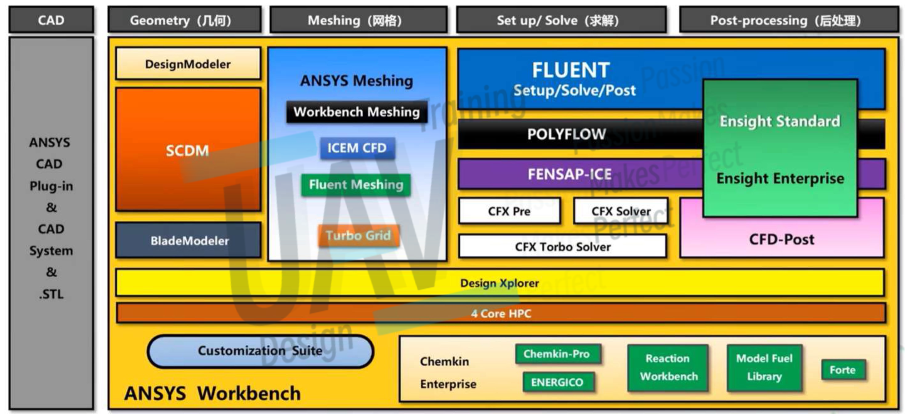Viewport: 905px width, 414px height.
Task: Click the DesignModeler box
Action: (188, 64)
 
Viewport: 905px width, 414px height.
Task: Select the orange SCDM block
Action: (188, 150)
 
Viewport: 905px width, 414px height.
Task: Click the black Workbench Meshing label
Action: (357, 112)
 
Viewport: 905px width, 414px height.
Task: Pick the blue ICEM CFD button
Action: (357, 148)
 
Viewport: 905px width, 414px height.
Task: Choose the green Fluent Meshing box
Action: (356, 185)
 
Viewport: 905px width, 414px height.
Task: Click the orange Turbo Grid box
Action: (358, 235)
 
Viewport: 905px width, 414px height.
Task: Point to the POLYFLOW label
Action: (566, 134)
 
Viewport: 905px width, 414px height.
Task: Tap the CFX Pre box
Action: (509, 211)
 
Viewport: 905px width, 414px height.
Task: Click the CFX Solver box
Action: (621, 211)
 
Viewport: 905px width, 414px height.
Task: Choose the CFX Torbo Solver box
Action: (563, 247)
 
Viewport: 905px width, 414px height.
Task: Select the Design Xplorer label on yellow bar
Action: (499, 283)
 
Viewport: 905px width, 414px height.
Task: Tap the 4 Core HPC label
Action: (501, 313)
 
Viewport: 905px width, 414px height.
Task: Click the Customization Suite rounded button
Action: (260, 351)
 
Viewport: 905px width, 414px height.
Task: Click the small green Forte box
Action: (842, 370)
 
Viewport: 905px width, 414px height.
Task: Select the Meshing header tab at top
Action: (358, 20)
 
